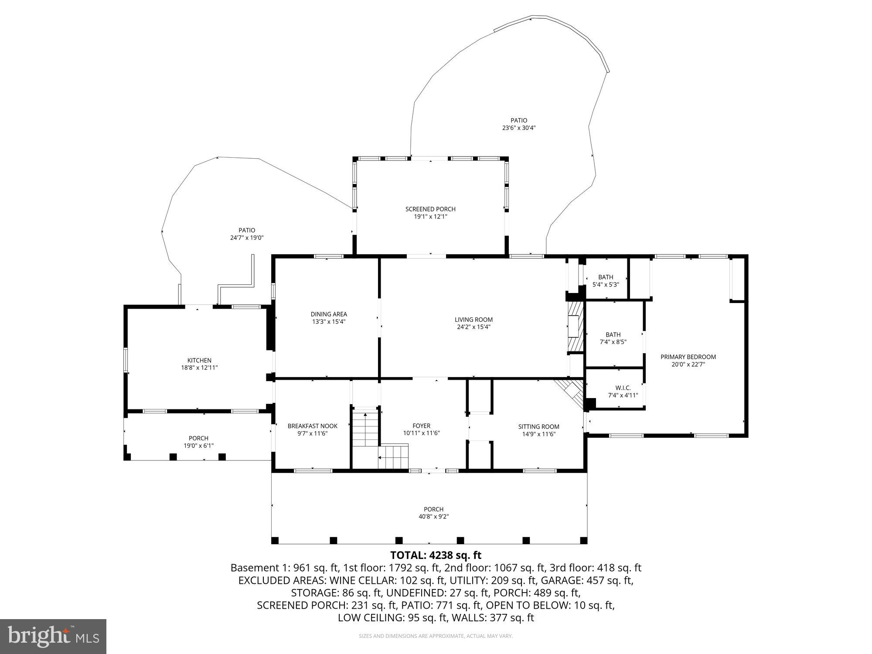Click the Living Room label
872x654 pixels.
coord(473,320)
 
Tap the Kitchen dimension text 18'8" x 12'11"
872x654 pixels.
coord(199,368)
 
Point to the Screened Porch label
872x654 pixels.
coord(430,209)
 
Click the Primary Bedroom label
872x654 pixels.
coord(688,357)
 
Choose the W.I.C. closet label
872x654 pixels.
coord(623,388)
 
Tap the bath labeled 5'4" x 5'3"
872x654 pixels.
coord(606,280)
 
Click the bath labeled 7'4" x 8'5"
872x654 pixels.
coord(613,338)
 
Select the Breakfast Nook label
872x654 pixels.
coord(312,426)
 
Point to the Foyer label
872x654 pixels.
coord(421,426)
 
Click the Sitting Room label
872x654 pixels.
coord(538,426)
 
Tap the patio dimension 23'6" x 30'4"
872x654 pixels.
coord(519,128)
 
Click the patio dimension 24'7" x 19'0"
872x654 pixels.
coord(247,238)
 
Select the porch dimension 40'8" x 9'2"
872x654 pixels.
coord(433,517)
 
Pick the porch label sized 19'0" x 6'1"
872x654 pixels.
coord(198,438)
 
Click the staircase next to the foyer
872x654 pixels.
coord(365,429)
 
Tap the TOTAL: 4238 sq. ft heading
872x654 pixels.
coord(436,555)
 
